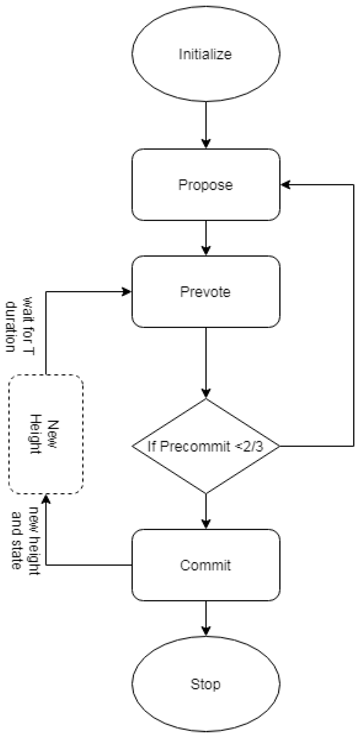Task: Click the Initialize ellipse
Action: click(206, 54)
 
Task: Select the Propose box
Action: click(206, 185)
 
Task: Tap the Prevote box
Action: click(206, 291)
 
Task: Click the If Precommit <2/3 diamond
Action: click(206, 446)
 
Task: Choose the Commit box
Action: click(206, 565)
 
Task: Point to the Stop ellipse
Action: click(206, 684)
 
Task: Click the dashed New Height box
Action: click(46, 434)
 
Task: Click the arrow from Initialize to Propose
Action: click(206, 123)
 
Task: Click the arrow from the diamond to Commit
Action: click(206, 511)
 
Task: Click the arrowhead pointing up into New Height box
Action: click(46, 499)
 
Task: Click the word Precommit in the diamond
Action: click(195, 446)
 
